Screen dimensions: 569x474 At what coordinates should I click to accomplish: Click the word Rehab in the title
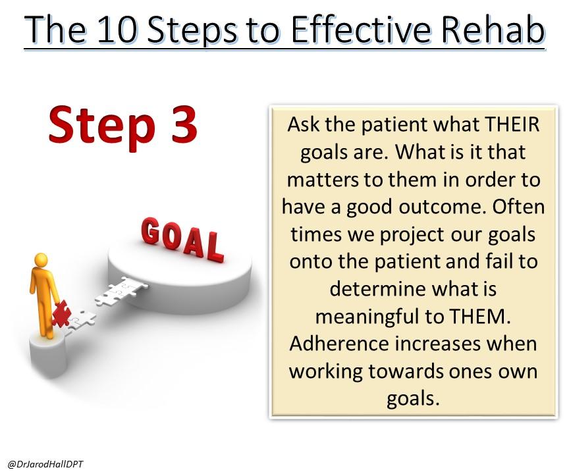pyautogui.click(x=493, y=29)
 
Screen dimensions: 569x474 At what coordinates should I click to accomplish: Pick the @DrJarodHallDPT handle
pyautogui.click(x=45, y=464)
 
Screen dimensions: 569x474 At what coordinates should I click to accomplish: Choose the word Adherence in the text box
pyautogui.click(x=339, y=344)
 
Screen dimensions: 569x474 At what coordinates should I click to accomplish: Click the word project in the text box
pyautogui.click(x=412, y=235)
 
